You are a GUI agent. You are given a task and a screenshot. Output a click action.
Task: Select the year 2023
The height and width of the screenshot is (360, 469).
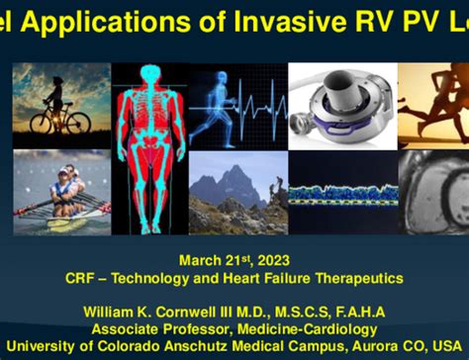point(272,260)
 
